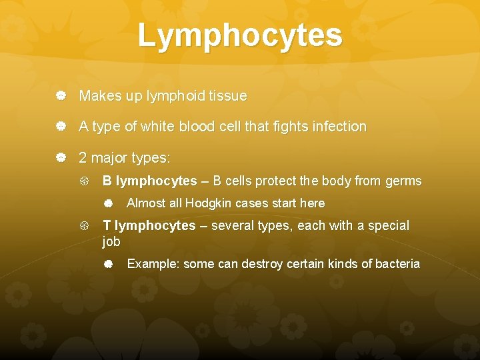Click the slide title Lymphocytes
tap(240, 36)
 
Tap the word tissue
tap(227, 97)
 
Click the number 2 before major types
tap(83, 159)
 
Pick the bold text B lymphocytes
tap(149, 181)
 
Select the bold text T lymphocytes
tap(149, 226)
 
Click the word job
tap(111, 242)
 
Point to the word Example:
tap(153, 264)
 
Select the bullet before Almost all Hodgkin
tap(108, 203)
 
